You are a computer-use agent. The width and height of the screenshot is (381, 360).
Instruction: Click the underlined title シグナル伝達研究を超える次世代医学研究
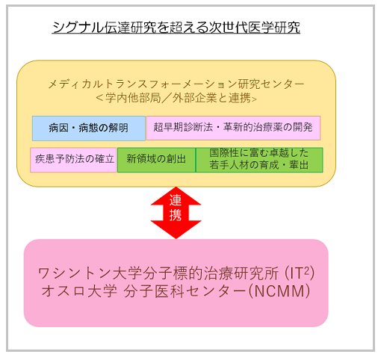[x=176, y=27]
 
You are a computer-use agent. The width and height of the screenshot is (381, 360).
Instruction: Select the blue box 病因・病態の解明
[x=89, y=128]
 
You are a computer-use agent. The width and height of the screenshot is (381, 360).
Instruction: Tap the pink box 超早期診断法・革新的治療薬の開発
[x=233, y=128]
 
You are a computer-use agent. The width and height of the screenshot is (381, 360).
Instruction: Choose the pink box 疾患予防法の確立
[x=73, y=160]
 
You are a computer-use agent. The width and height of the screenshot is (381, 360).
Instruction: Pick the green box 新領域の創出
[x=156, y=160]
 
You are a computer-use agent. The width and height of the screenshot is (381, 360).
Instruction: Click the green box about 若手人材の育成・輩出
[x=259, y=160]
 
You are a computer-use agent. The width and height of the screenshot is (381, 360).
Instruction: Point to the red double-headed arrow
[x=176, y=213]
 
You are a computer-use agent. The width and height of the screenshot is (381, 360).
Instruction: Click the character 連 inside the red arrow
[x=176, y=200]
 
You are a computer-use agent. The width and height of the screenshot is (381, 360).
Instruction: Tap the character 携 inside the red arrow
[x=176, y=214]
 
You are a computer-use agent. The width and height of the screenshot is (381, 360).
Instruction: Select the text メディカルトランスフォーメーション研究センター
[x=176, y=84]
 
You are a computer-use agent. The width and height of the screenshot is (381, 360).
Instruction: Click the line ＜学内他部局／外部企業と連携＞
[x=176, y=98]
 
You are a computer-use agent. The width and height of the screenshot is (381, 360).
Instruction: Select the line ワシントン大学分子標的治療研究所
[x=158, y=273]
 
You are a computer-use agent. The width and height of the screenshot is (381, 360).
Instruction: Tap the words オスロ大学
[x=79, y=291]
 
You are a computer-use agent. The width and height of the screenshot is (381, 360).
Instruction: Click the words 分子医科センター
[x=185, y=291]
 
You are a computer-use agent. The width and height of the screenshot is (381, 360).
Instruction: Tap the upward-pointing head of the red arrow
[x=176, y=196]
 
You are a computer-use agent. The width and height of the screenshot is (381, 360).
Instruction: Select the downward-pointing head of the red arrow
[x=176, y=229]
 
